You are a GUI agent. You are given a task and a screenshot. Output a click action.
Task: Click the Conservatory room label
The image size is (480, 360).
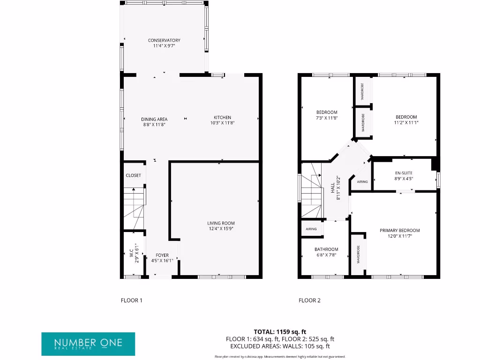[164, 40]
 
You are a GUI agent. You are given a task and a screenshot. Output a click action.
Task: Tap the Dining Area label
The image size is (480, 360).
[154, 119]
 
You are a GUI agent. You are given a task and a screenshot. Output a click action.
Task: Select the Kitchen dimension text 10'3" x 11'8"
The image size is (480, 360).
[222, 123]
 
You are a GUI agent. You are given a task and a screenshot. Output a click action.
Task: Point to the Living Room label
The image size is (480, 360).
[221, 223]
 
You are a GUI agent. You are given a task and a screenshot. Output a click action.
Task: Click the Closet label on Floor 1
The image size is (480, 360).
[133, 175]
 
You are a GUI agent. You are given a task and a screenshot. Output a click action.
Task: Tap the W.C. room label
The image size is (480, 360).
[131, 253]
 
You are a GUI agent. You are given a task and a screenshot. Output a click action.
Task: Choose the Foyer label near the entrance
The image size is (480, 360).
[162, 255]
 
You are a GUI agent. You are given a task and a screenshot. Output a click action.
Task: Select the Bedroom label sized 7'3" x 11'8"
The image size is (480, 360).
[327, 112]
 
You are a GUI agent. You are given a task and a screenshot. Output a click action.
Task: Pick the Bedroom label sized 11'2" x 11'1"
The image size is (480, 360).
[406, 117]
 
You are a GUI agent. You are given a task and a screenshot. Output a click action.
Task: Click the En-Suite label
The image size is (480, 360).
[403, 173]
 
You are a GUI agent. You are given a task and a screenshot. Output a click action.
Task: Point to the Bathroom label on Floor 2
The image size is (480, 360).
[326, 249]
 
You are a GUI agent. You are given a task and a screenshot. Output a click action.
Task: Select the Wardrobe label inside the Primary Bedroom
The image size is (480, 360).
[359, 255]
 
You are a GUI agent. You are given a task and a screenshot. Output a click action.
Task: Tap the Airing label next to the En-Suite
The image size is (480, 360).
[362, 182]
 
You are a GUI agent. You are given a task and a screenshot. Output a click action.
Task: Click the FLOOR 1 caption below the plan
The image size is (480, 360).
[131, 300]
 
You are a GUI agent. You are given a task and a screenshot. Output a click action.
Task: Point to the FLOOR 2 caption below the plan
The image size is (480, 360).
[309, 300]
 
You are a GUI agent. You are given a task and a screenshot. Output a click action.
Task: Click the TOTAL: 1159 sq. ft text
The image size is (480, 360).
[280, 331]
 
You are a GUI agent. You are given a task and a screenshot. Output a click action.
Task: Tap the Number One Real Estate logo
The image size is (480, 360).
[88, 344]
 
